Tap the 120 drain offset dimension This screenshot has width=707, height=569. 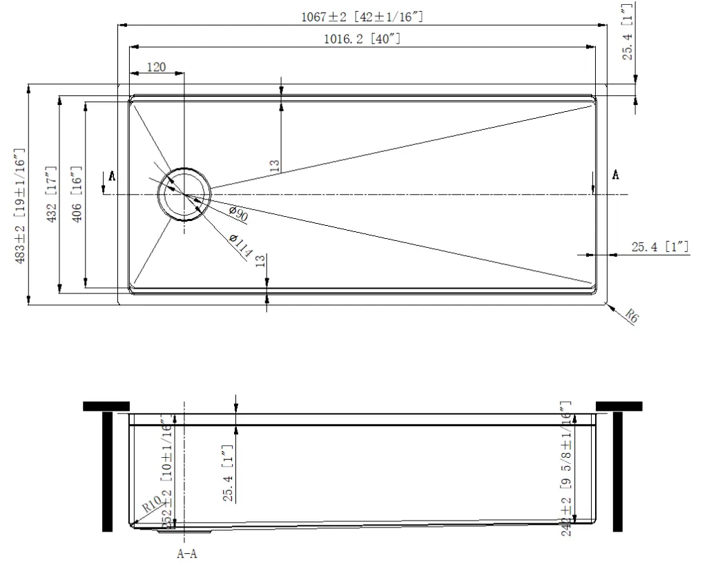click(x=157, y=67)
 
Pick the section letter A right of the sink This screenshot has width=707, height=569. click(x=615, y=175)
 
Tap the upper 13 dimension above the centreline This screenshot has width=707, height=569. click(x=275, y=166)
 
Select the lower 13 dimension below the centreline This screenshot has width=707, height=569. click(x=260, y=260)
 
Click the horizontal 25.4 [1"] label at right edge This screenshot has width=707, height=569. click(x=660, y=247)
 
